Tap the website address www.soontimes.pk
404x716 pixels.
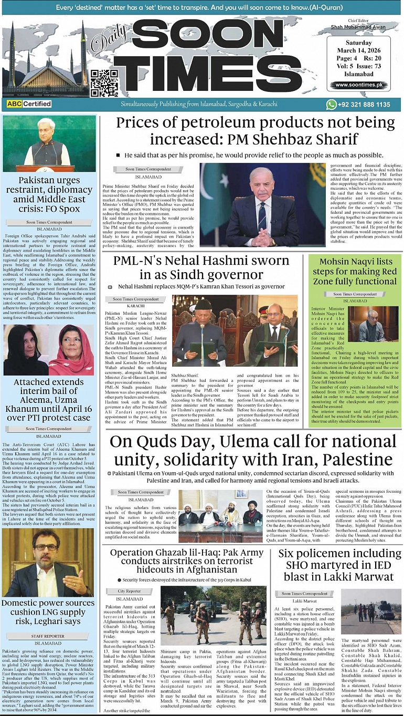(358, 85)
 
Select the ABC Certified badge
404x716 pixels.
(29, 104)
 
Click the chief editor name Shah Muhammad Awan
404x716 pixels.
(358, 28)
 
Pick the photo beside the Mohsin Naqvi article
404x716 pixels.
(374, 324)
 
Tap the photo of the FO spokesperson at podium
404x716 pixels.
(50, 142)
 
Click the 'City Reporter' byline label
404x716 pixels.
(129, 591)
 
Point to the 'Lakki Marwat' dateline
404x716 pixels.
(305, 600)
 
